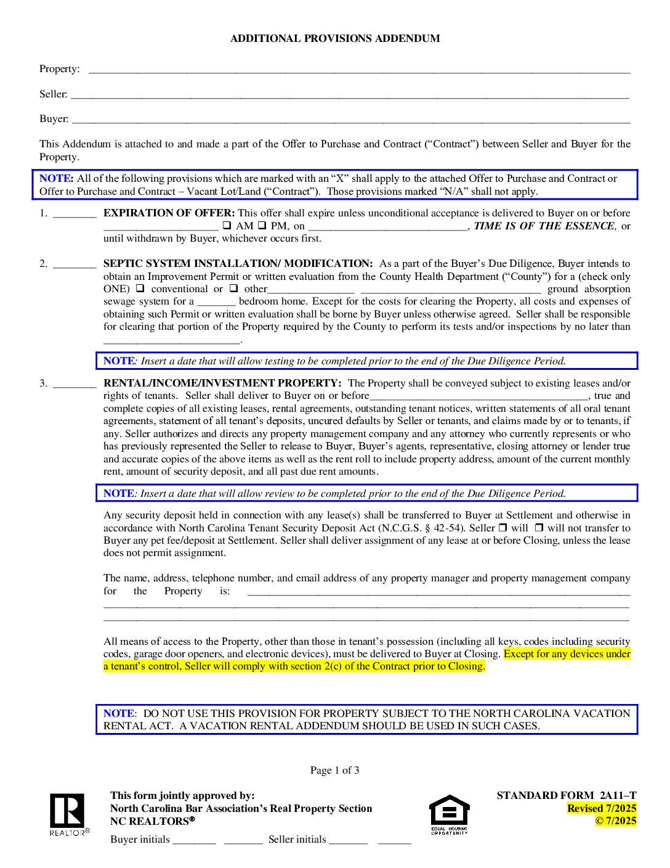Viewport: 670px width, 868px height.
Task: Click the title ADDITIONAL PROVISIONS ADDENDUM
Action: click(335, 38)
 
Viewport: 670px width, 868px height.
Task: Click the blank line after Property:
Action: click(359, 70)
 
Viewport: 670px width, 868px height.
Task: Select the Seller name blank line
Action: click(350, 95)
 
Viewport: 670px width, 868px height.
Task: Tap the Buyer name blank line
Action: click(350, 120)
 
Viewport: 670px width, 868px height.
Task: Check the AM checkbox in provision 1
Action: click(227, 226)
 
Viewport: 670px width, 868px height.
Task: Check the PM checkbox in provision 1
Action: click(262, 226)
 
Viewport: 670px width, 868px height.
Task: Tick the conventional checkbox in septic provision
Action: click(140, 289)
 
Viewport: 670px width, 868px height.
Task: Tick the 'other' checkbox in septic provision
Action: click(234, 289)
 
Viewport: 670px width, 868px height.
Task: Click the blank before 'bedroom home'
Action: click(216, 302)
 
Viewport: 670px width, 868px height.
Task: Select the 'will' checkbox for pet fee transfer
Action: click(502, 528)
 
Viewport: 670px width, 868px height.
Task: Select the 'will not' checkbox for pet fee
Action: click(539, 528)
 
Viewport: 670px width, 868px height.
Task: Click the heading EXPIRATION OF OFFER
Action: click(169, 213)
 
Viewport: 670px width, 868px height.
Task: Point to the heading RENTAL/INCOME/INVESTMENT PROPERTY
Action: click(222, 383)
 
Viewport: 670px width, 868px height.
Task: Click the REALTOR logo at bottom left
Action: click(68, 814)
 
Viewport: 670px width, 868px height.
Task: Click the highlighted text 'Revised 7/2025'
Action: click(602, 808)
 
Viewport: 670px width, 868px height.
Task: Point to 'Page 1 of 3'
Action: click(334, 770)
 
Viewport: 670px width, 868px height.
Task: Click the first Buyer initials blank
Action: click(194, 840)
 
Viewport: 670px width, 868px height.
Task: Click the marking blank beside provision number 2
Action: click(75, 264)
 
